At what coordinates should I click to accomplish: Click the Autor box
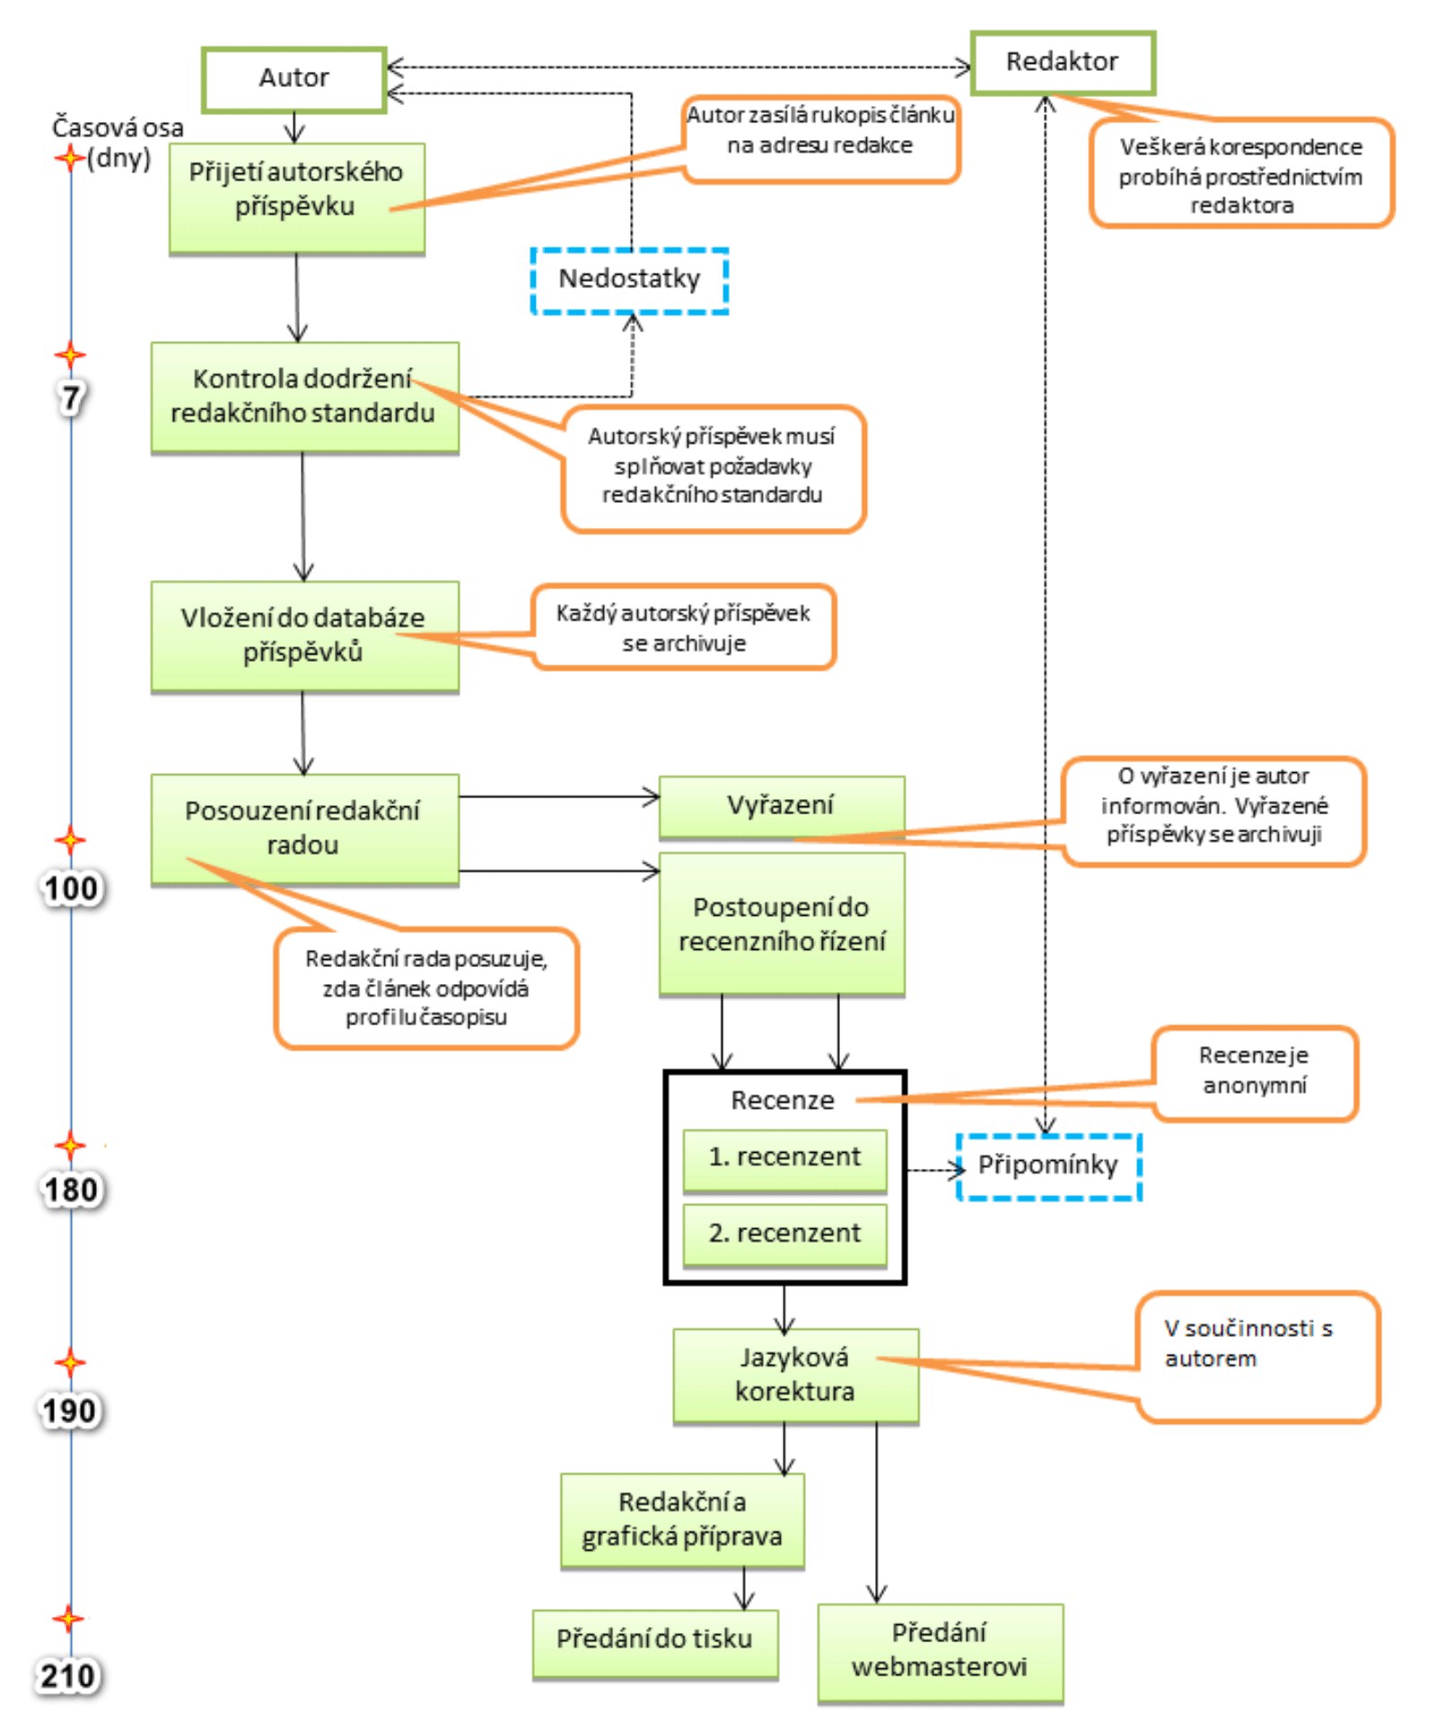click(x=293, y=79)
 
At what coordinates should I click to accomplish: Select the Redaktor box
click(x=1062, y=62)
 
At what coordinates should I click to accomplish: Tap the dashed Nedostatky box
click(x=629, y=280)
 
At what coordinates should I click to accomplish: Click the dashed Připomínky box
click(x=1048, y=1165)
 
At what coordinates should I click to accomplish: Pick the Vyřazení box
click(x=781, y=805)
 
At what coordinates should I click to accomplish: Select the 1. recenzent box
click(x=784, y=1157)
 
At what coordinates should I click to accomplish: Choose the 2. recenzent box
click(x=784, y=1234)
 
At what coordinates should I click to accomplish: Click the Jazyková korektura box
click(x=795, y=1374)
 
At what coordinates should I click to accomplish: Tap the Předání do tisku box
click(x=654, y=1639)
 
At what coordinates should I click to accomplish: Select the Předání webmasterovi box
click(x=940, y=1650)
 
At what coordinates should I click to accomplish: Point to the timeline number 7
click(x=71, y=398)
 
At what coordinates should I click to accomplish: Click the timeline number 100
click(x=71, y=889)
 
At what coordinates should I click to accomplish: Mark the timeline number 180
click(x=71, y=1191)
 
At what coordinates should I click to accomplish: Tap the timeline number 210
click(x=68, y=1675)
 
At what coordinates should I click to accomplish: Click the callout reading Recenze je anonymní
click(x=1254, y=1071)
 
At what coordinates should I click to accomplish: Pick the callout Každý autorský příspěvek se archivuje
click(x=684, y=628)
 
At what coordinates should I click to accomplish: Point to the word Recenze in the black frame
click(x=783, y=1100)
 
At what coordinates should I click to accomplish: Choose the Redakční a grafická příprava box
click(x=682, y=1519)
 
